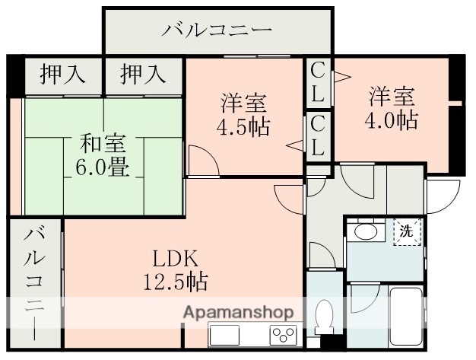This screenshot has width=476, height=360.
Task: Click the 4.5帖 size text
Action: point(243,126)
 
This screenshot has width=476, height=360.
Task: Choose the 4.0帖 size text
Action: point(392,119)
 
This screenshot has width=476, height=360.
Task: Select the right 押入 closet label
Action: point(142,75)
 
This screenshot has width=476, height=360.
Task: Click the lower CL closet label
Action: point(318,136)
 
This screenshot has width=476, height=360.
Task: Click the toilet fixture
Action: point(324,316)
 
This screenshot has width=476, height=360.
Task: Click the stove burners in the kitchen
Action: point(282,335)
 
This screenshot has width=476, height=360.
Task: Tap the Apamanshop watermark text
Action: point(237,312)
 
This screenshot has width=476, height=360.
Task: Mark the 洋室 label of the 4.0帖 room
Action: point(392,97)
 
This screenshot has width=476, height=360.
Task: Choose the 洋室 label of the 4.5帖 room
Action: point(243,101)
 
